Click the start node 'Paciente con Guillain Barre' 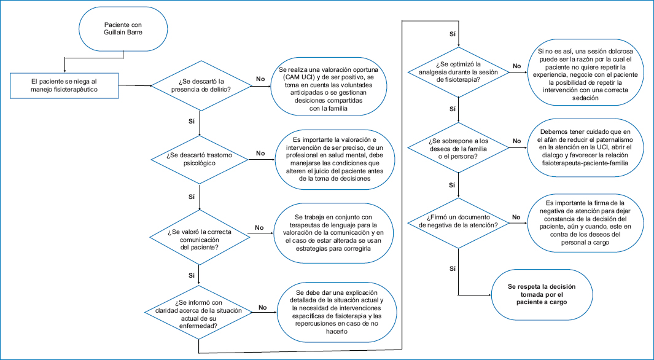point(123,28)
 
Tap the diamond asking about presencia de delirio point(201,85)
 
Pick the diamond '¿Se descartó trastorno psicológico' point(200,159)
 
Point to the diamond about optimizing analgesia point(458,72)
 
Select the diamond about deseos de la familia point(458,147)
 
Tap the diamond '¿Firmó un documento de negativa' point(458,222)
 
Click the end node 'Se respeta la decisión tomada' point(542,294)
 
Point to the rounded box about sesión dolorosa point(588,74)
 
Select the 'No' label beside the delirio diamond point(260,79)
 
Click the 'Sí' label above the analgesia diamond point(452,34)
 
